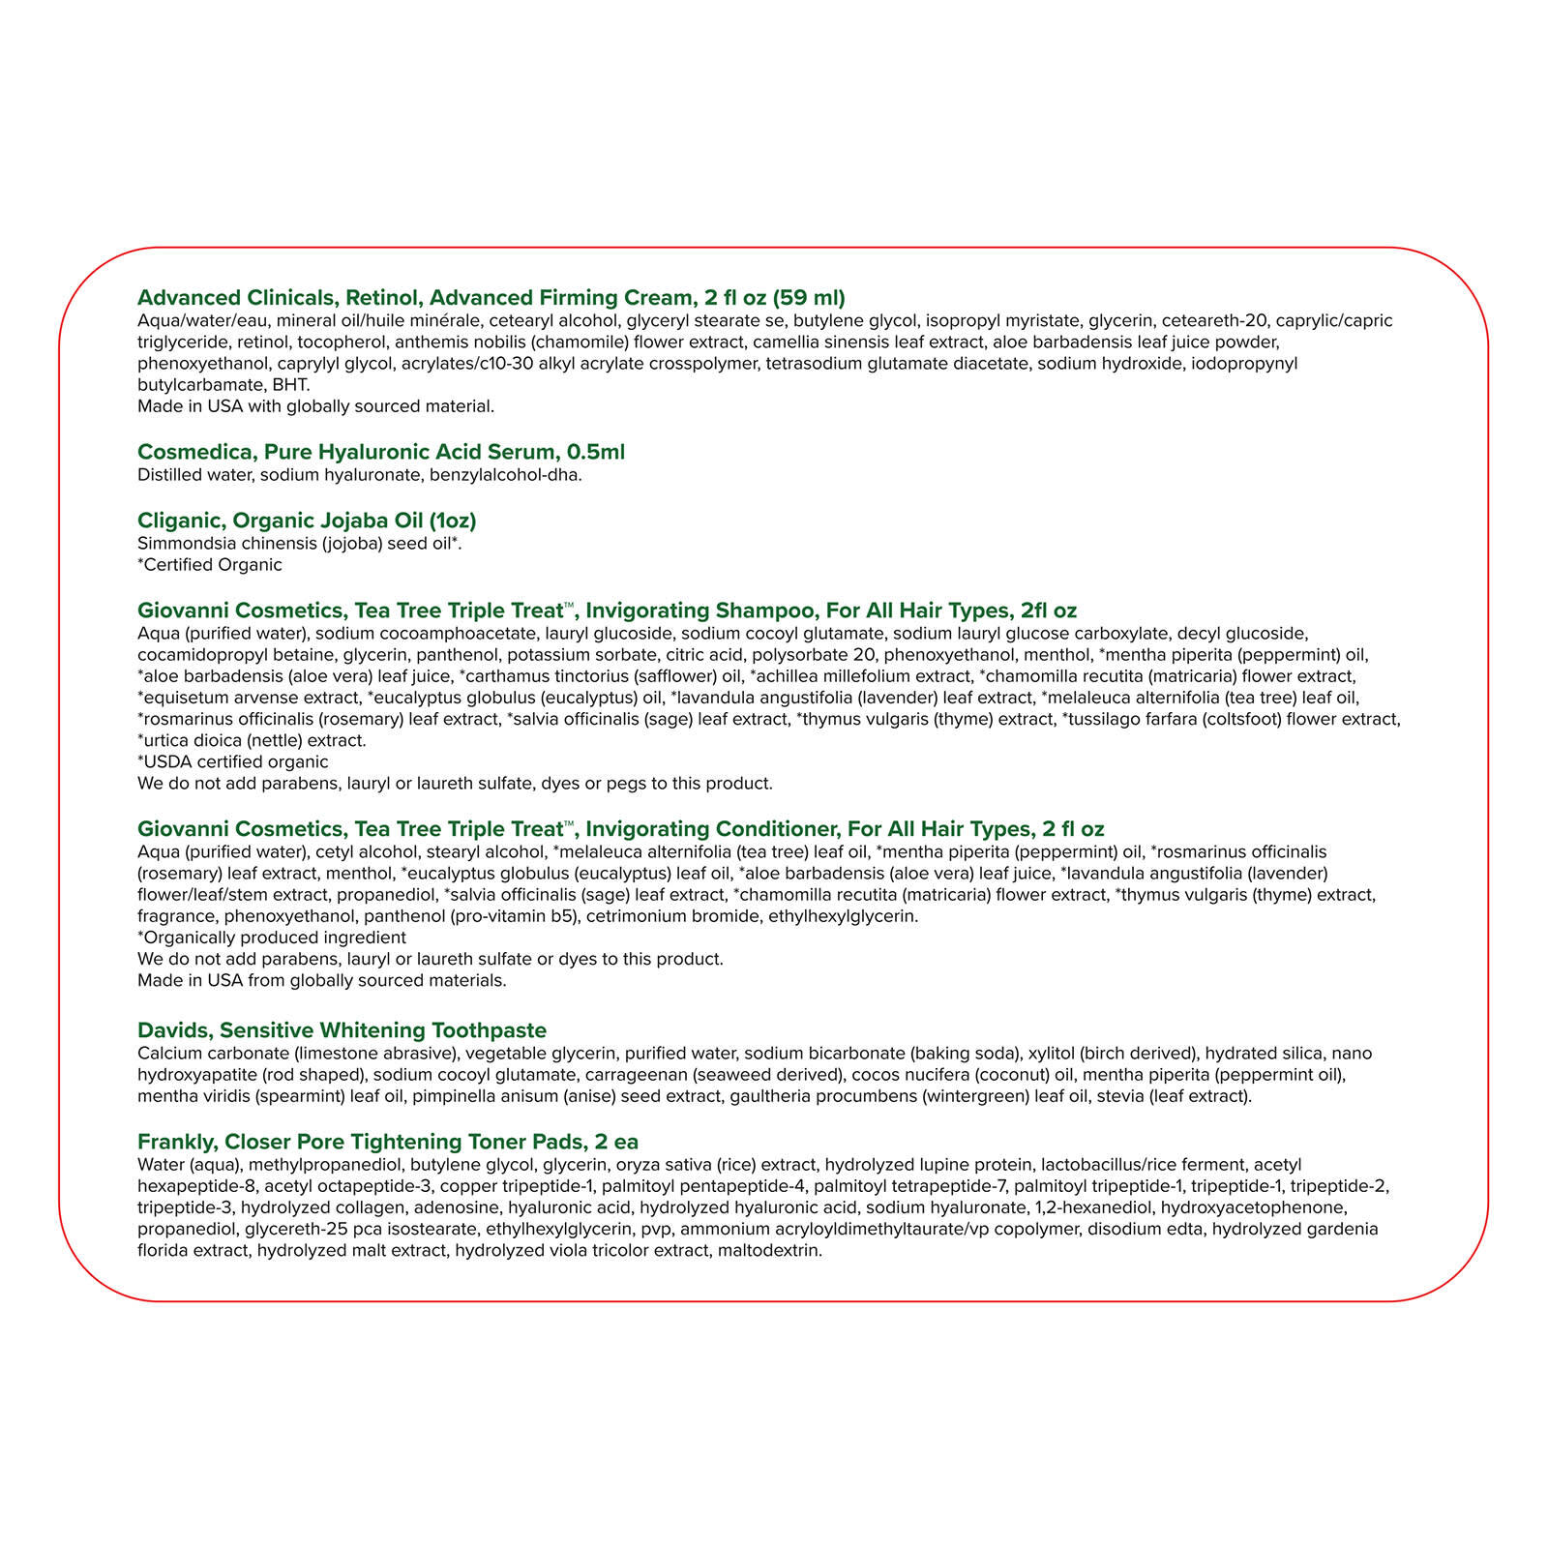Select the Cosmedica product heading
coord(381,452)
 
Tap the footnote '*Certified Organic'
coord(210,565)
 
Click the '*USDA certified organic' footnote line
coord(232,762)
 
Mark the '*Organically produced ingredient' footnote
coord(272,938)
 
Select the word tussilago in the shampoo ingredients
coord(1099,720)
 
